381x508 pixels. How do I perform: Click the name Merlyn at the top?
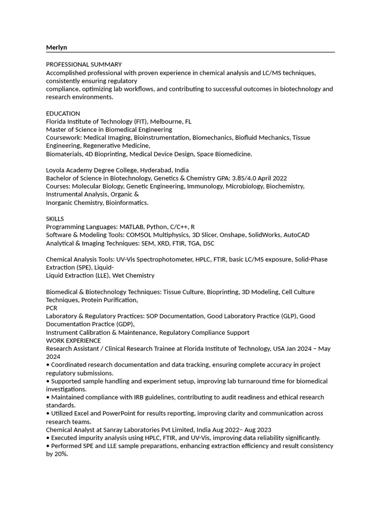(57, 47)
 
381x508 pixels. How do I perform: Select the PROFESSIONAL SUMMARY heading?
(84, 64)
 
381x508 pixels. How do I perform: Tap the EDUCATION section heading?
(63, 113)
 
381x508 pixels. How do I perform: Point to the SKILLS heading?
(55, 219)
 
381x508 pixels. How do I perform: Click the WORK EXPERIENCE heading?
(73, 340)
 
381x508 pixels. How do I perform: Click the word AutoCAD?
(297, 235)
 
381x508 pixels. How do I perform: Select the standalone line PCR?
(52, 308)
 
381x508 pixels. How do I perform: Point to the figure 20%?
(61, 454)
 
